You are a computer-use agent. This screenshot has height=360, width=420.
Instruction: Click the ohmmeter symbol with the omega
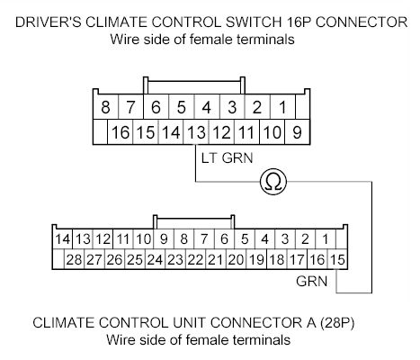click(272, 183)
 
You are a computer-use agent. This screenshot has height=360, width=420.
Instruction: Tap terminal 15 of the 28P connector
click(337, 260)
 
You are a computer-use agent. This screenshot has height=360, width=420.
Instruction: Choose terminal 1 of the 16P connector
click(282, 108)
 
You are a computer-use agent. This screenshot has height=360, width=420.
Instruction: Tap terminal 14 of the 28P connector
click(62, 239)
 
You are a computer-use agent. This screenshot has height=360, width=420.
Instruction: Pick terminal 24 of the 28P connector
click(155, 260)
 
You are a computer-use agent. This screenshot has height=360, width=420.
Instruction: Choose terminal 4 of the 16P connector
click(207, 108)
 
